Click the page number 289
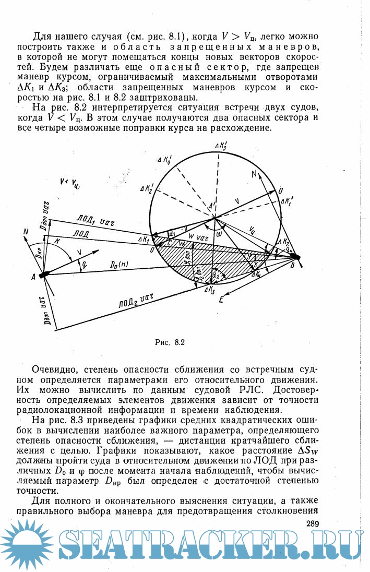(312, 523)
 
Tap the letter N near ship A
(26, 231)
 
